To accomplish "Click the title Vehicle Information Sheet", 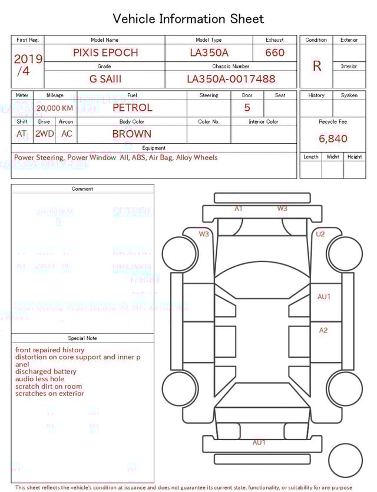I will pyautogui.click(x=188, y=19).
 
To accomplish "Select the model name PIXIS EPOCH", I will pyautogui.click(x=105, y=52).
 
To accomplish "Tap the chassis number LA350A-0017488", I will pyautogui.click(x=230, y=79).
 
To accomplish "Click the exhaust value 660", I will pyautogui.click(x=275, y=52).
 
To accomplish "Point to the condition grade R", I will pyautogui.click(x=316, y=66).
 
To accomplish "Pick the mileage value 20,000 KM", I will pyautogui.click(x=55, y=108).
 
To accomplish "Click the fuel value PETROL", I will pyautogui.click(x=132, y=107).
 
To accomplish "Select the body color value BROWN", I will pyautogui.click(x=131, y=134).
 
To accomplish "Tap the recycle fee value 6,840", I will pyautogui.click(x=333, y=138).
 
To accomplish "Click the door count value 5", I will pyautogui.click(x=247, y=107).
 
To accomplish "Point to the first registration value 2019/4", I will pyautogui.click(x=28, y=65).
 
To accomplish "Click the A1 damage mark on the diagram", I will pyautogui.click(x=239, y=209).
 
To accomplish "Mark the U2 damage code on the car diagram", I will pyautogui.click(x=320, y=234).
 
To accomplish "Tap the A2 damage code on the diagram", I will pyautogui.click(x=323, y=331).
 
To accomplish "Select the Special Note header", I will pyautogui.click(x=82, y=338).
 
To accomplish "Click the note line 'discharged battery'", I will pyautogui.click(x=46, y=372).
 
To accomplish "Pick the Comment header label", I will pyautogui.click(x=82, y=189).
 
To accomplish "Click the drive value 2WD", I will pyautogui.click(x=44, y=134).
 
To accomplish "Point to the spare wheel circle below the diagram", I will pyautogui.click(x=345, y=460).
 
